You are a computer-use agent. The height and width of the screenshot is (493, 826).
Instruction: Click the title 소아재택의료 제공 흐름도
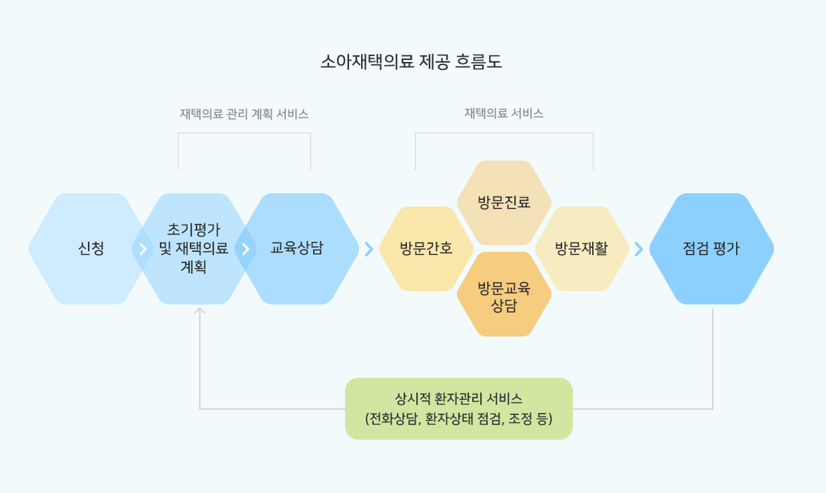[x=411, y=61]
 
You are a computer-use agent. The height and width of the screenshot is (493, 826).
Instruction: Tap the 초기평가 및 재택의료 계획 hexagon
[x=194, y=249]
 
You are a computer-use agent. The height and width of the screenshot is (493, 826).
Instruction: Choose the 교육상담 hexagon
[x=297, y=249]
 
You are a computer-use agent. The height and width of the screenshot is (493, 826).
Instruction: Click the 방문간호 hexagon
[x=426, y=249]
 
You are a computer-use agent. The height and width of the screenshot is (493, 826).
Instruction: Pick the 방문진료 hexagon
[x=504, y=203]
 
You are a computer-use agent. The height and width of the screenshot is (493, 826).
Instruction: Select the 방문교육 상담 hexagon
[x=504, y=294]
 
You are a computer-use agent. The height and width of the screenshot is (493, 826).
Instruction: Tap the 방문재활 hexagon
[x=582, y=249]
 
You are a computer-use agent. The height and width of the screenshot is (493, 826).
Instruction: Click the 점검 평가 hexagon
[x=711, y=249]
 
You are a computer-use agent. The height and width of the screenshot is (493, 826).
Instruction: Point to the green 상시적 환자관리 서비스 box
[x=459, y=408]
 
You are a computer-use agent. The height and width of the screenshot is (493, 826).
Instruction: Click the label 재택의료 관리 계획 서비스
[x=244, y=114]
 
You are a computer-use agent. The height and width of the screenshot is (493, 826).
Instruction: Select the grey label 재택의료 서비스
[x=504, y=113]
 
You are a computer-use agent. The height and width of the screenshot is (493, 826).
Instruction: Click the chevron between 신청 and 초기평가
[x=143, y=249]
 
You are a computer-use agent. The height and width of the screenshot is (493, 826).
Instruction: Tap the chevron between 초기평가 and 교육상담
[x=246, y=249]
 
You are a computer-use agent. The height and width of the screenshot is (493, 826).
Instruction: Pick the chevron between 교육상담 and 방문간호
[x=369, y=249]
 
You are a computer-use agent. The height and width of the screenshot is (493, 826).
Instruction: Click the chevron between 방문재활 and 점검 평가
[x=639, y=249]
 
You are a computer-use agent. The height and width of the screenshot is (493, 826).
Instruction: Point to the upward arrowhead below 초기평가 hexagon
[x=199, y=310]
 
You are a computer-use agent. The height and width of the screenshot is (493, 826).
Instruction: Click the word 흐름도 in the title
[x=478, y=61]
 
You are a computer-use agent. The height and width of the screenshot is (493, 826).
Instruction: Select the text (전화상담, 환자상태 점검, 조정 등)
[x=459, y=419]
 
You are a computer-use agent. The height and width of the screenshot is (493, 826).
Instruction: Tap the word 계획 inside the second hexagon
[x=194, y=266]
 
